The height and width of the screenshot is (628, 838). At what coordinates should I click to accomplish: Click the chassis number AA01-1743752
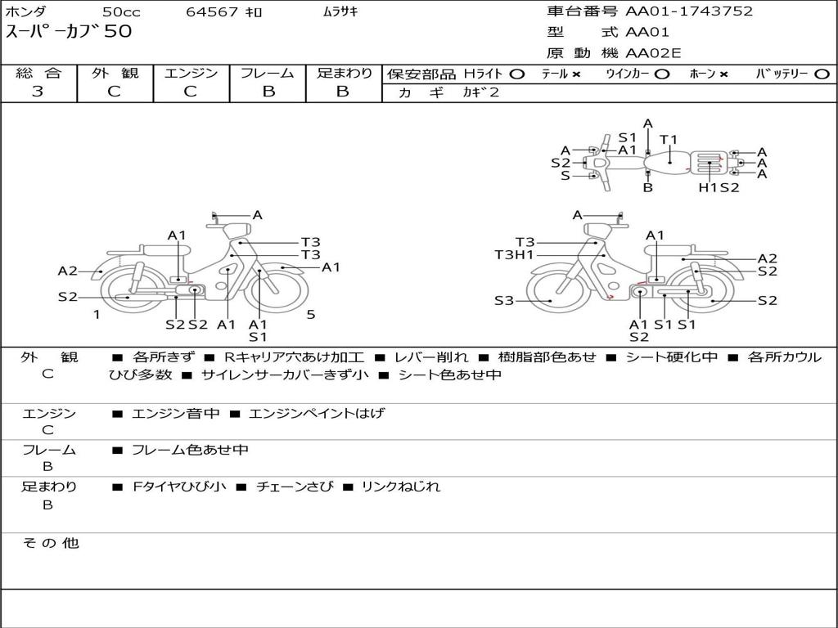689,11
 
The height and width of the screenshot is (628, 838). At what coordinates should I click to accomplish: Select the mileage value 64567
212,11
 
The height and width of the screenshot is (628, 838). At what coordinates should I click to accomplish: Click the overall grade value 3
38,92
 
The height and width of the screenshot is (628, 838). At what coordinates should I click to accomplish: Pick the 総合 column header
38,73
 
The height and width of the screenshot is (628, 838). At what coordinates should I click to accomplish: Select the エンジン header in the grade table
191,73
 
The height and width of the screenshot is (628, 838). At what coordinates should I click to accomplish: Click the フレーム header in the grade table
268,73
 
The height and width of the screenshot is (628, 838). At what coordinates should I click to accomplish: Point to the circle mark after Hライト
517,74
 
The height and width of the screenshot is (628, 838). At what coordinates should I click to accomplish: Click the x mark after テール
576,74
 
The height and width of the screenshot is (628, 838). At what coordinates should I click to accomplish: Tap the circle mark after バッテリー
822,74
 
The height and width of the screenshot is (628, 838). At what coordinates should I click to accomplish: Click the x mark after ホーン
723,74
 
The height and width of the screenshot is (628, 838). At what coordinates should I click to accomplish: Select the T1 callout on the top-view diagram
669,140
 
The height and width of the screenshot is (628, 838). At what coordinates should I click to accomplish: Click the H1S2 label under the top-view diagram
719,187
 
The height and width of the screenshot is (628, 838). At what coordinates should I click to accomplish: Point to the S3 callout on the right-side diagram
504,301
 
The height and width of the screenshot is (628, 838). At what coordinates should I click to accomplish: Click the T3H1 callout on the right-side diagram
514,255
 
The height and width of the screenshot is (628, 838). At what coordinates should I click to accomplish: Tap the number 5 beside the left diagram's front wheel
311,315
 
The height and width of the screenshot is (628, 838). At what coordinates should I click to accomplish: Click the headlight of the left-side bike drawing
237,231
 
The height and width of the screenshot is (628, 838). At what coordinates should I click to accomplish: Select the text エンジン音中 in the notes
175,413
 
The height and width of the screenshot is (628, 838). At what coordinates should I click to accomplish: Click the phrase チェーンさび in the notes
295,487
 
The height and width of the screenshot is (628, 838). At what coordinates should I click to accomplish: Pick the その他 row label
50,543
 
